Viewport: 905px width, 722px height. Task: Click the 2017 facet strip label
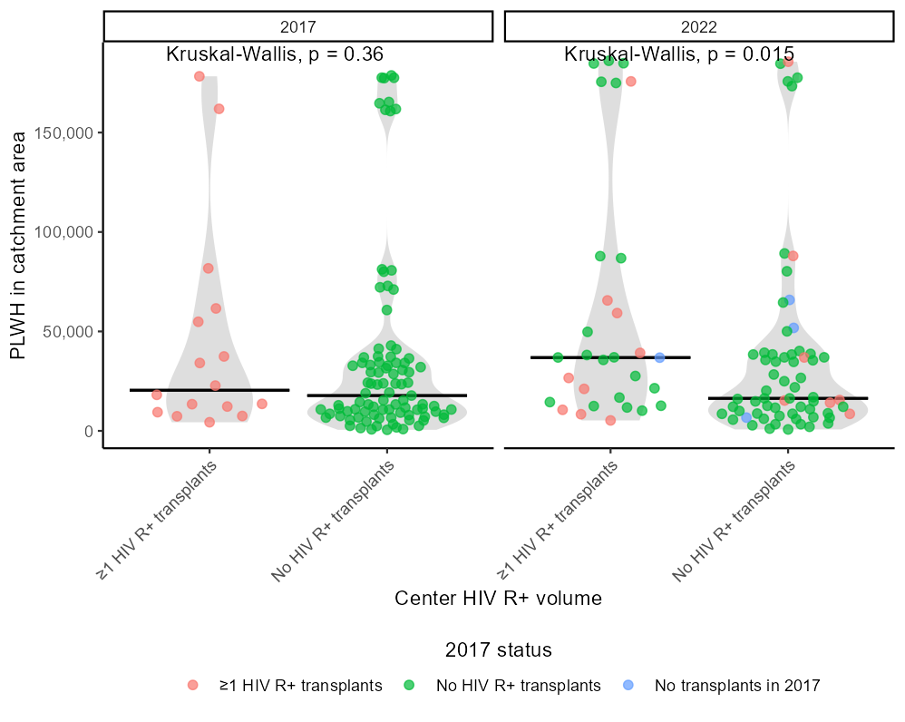(x=298, y=26)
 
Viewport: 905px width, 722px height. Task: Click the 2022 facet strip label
(x=699, y=26)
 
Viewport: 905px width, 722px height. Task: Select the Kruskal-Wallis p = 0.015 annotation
(x=679, y=54)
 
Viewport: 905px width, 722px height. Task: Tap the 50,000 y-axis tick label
(x=72, y=332)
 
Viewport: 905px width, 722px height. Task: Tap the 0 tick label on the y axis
(x=89, y=431)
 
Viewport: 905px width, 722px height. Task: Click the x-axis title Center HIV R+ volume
(x=498, y=599)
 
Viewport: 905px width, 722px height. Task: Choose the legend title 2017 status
(x=499, y=650)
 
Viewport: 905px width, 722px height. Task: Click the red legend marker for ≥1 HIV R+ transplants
(x=192, y=686)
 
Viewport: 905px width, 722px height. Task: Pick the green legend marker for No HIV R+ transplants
(x=409, y=686)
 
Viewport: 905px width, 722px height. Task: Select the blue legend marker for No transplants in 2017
(x=628, y=686)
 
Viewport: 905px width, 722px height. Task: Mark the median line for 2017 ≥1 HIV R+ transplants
(x=209, y=390)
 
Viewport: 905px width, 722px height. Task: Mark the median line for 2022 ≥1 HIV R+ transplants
(x=610, y=357)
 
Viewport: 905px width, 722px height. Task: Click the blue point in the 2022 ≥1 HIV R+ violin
(x=659, y=357)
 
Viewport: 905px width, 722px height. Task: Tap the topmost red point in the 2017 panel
(x=199, y=76)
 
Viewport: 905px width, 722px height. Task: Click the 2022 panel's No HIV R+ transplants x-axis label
(x=734, y=521)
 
